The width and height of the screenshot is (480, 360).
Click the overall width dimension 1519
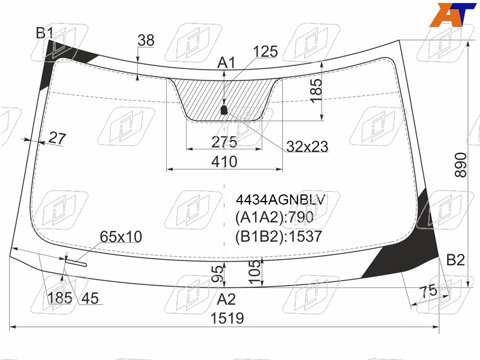pyautogui.click(x=227, y=319)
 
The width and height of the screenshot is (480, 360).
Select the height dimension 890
pyautogui.click(x=461, y=166)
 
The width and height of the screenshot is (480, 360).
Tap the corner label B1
pyautogui.click(x=44, y=33)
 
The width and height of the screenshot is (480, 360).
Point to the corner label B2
pyautogui.click(x=455, y=260)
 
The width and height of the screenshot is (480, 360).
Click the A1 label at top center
pyautogui.click(x=226, y=63)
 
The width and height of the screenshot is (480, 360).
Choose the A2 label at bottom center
pyautogui.click(x=226, y=299)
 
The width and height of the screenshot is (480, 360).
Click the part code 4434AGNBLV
pyautogui.click(x=280, y=200)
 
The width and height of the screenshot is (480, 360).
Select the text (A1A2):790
pyautogui.click(x=274, y=217)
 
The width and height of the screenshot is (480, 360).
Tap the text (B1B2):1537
pyautogui.click(x=278, y=236)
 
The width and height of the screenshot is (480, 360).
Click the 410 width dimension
pyautogui.click(x=224, y=161)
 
